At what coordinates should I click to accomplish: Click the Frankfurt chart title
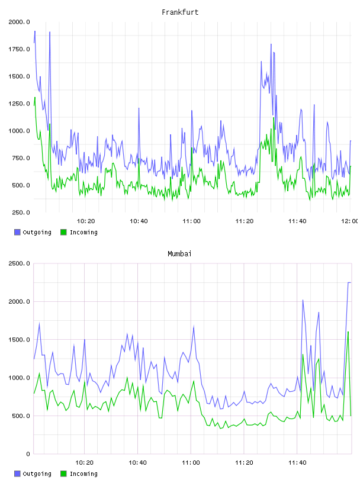click(x=180, y=12)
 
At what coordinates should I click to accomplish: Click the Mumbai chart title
click(x=179, y=253)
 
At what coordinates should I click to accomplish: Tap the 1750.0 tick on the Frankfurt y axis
click(x=19, y=49)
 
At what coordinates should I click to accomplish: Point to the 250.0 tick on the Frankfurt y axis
click(x=21, y=212)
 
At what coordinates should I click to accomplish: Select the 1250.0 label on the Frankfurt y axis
click(x=19, y=104)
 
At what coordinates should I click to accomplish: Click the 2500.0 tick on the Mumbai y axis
click(x=19, y=263)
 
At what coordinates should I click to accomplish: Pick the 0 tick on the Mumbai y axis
click(x=28, y=454)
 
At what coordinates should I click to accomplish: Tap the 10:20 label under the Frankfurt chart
click(x=86, y=221)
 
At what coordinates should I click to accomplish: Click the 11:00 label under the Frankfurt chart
click(x=191, y=221)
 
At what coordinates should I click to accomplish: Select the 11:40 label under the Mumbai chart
click(x=297, y=462)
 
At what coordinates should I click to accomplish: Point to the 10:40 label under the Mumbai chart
click(x=137, y=462)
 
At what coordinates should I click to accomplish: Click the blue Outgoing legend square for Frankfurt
click(x=17, y=232)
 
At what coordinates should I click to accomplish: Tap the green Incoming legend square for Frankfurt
click(x=63, y=232)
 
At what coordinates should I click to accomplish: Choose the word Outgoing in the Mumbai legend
click(x=37, y=474)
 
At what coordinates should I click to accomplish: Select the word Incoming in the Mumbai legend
click(x=83, y=474)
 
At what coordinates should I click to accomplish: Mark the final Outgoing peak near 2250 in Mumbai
click(x=349, y=282)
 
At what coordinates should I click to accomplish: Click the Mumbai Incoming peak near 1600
click(x=348, y=332)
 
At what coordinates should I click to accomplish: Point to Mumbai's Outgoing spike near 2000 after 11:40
click(x=303, y=300)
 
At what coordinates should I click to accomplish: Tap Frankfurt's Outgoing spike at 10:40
click(x=139, y=108)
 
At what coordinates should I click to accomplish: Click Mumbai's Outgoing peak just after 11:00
click(x=194, y=327)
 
